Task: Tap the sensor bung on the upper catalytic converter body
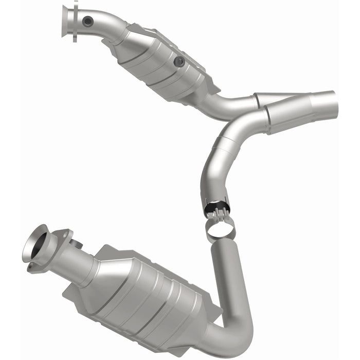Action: coord(179,62)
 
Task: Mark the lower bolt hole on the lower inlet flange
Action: coord(32,266)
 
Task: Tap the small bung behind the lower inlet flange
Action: coord(77,243)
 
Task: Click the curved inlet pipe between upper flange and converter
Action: coord(105,26)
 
